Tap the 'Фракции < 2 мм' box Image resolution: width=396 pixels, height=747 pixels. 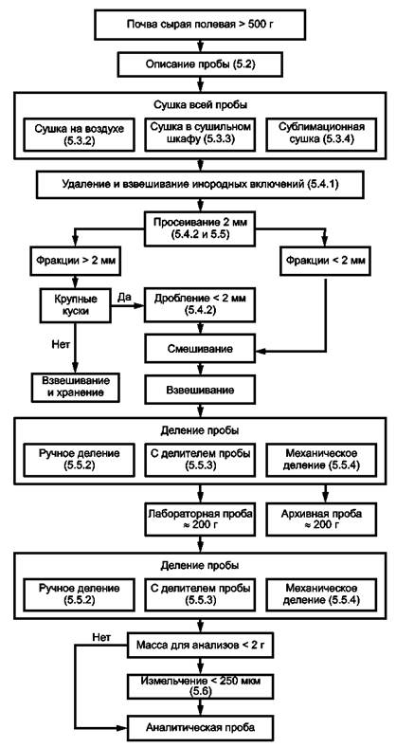coord(325,261)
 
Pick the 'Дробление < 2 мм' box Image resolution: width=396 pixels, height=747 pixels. coord(200,305)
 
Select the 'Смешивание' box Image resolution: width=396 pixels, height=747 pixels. coord(200,349)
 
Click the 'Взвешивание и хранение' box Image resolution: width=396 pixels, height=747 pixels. coord(76,388)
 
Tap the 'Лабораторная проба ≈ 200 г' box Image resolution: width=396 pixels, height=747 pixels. coord(200,519)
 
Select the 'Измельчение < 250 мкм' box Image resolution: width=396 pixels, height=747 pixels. coord(200,687)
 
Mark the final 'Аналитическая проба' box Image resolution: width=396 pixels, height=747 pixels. coord(200,728)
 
